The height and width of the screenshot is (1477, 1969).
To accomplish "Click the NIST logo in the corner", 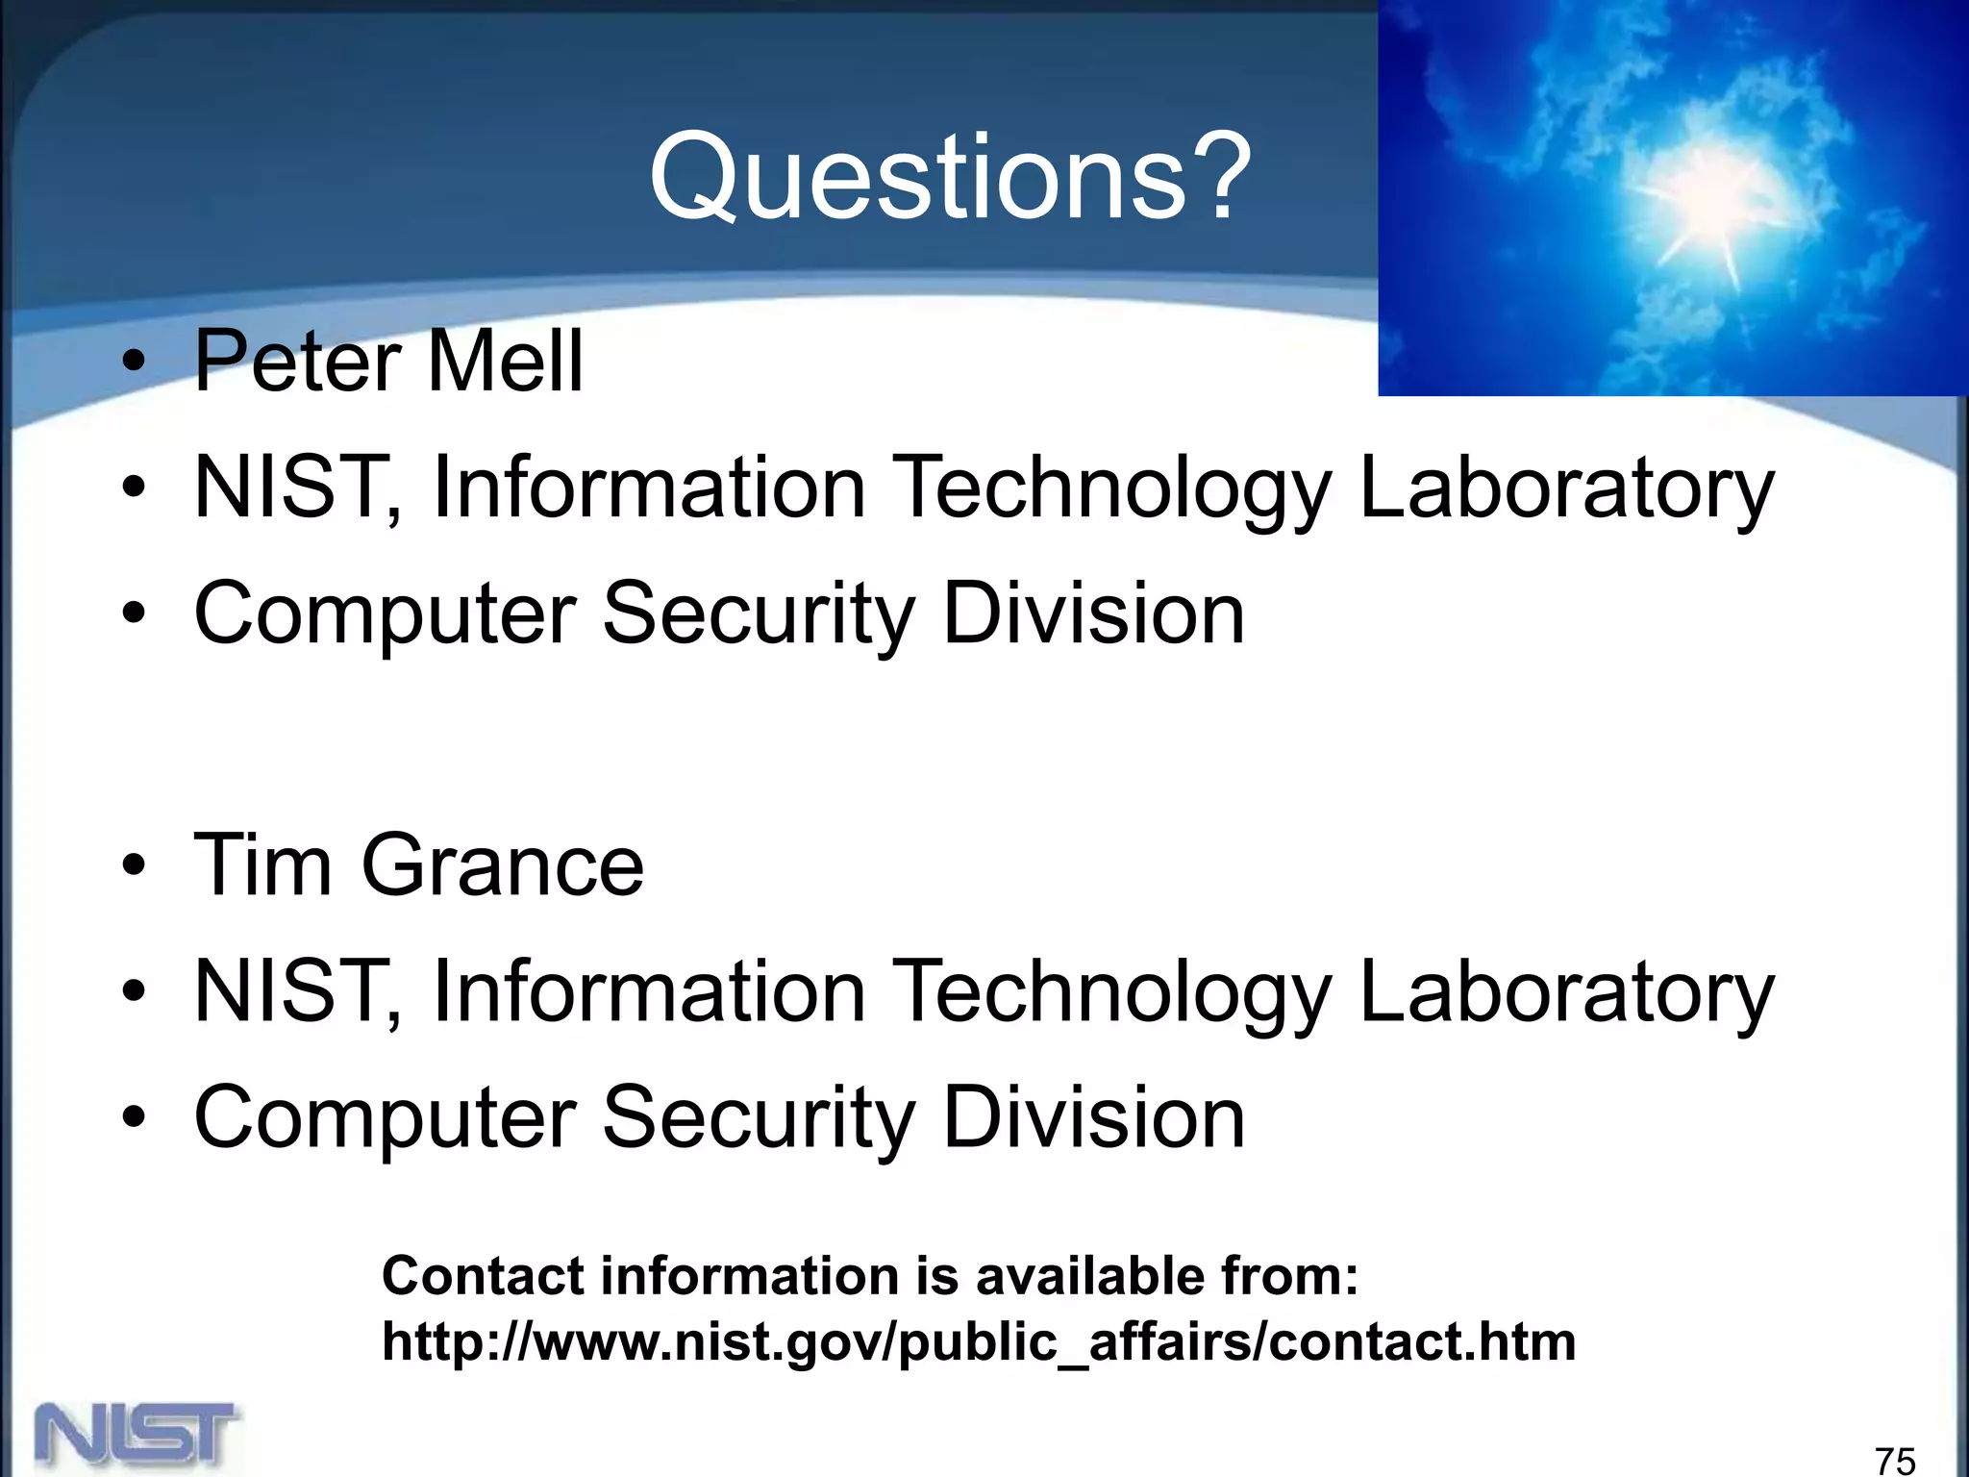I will (x=137, y=1435).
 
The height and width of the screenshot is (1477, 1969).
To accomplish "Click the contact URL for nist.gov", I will (x=979, y=1341).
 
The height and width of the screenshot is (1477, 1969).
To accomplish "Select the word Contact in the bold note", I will (x=484, y=1276).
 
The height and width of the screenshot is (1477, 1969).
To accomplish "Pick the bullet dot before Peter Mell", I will (x=135, y=363).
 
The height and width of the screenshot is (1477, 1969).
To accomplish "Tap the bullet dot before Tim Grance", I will (x=135, y=866).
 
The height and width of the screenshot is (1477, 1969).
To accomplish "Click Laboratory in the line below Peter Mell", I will (x=1566, y=488).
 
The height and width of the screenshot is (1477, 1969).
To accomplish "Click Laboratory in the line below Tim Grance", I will (x=1566, y=992).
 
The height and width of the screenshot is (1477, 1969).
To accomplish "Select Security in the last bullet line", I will (x=759, y=1117).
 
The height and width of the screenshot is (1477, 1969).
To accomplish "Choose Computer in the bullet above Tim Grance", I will (x=385, y=613).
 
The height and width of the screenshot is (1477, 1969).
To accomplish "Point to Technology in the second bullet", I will (x=1113, y=488).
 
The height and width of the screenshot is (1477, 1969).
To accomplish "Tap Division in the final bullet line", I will (x=1094, y=1117).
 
